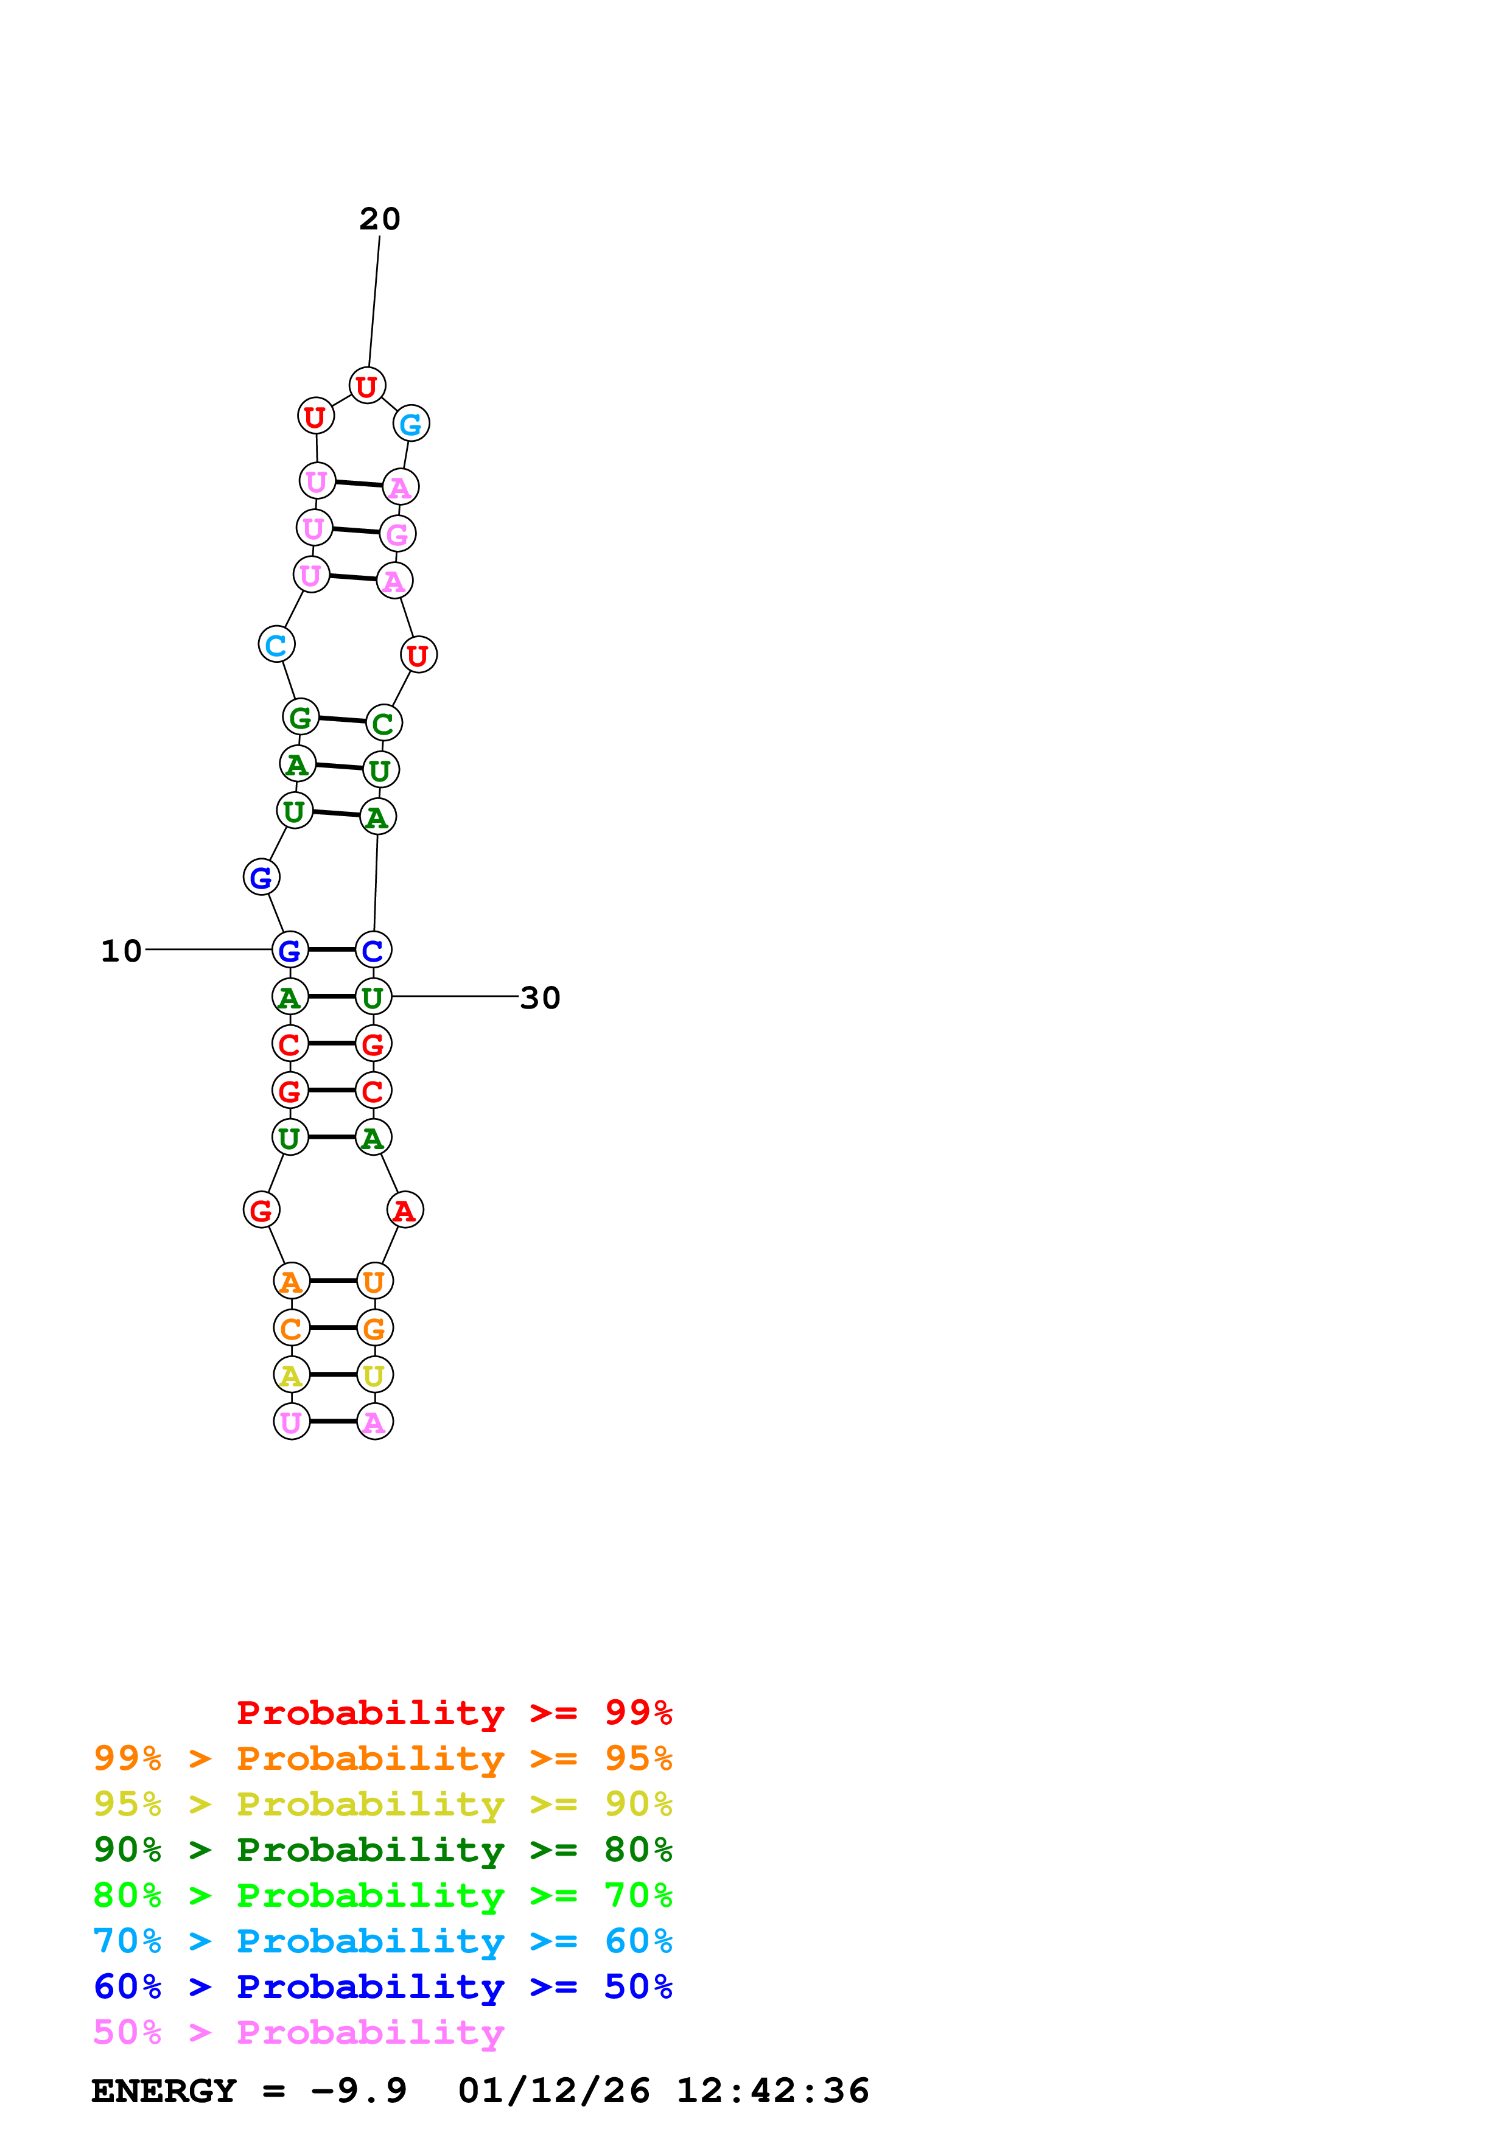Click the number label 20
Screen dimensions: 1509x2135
(379, 220)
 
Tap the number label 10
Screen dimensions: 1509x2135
(121, 951)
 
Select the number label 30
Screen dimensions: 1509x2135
(540, 998)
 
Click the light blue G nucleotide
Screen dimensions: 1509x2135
(411, 424)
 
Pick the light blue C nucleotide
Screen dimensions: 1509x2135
(276, 645)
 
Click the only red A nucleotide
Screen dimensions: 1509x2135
(404, 1210)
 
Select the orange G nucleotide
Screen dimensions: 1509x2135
(375, 1328)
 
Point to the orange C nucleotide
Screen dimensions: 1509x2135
(291, 1328)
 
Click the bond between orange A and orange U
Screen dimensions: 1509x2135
(333, 1281)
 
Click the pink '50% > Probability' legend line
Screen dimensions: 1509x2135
(298, 2032)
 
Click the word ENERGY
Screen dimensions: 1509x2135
(164, 2091)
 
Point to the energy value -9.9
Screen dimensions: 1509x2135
(359, 2091)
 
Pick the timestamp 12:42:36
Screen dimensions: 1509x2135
(772, 2091)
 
